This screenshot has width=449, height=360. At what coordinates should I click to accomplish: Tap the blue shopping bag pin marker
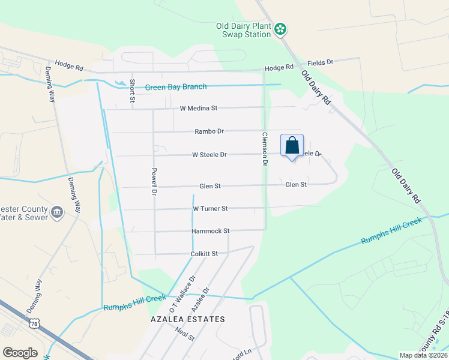pos(292,146)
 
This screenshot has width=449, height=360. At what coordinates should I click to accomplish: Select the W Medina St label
pos(198,109)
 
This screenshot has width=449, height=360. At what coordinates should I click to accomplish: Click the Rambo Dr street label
pos(209,131)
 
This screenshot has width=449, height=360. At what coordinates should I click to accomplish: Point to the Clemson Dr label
pos(264,149)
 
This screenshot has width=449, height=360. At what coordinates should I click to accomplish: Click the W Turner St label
pos(210,209)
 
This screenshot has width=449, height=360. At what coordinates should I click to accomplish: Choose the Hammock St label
pos(211,231)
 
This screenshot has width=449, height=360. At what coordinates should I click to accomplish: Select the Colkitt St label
pos(203,254)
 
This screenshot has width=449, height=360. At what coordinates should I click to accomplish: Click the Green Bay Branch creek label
pos(176,88)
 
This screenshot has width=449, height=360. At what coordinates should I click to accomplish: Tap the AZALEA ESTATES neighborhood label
pos(187,319)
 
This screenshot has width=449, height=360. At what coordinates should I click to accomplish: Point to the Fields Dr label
pos(320,62)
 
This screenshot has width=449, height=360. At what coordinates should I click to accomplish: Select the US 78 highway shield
pos(35,323)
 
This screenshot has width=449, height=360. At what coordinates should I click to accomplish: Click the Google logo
pos(20,353)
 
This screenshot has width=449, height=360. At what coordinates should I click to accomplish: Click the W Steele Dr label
pos(209,155)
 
